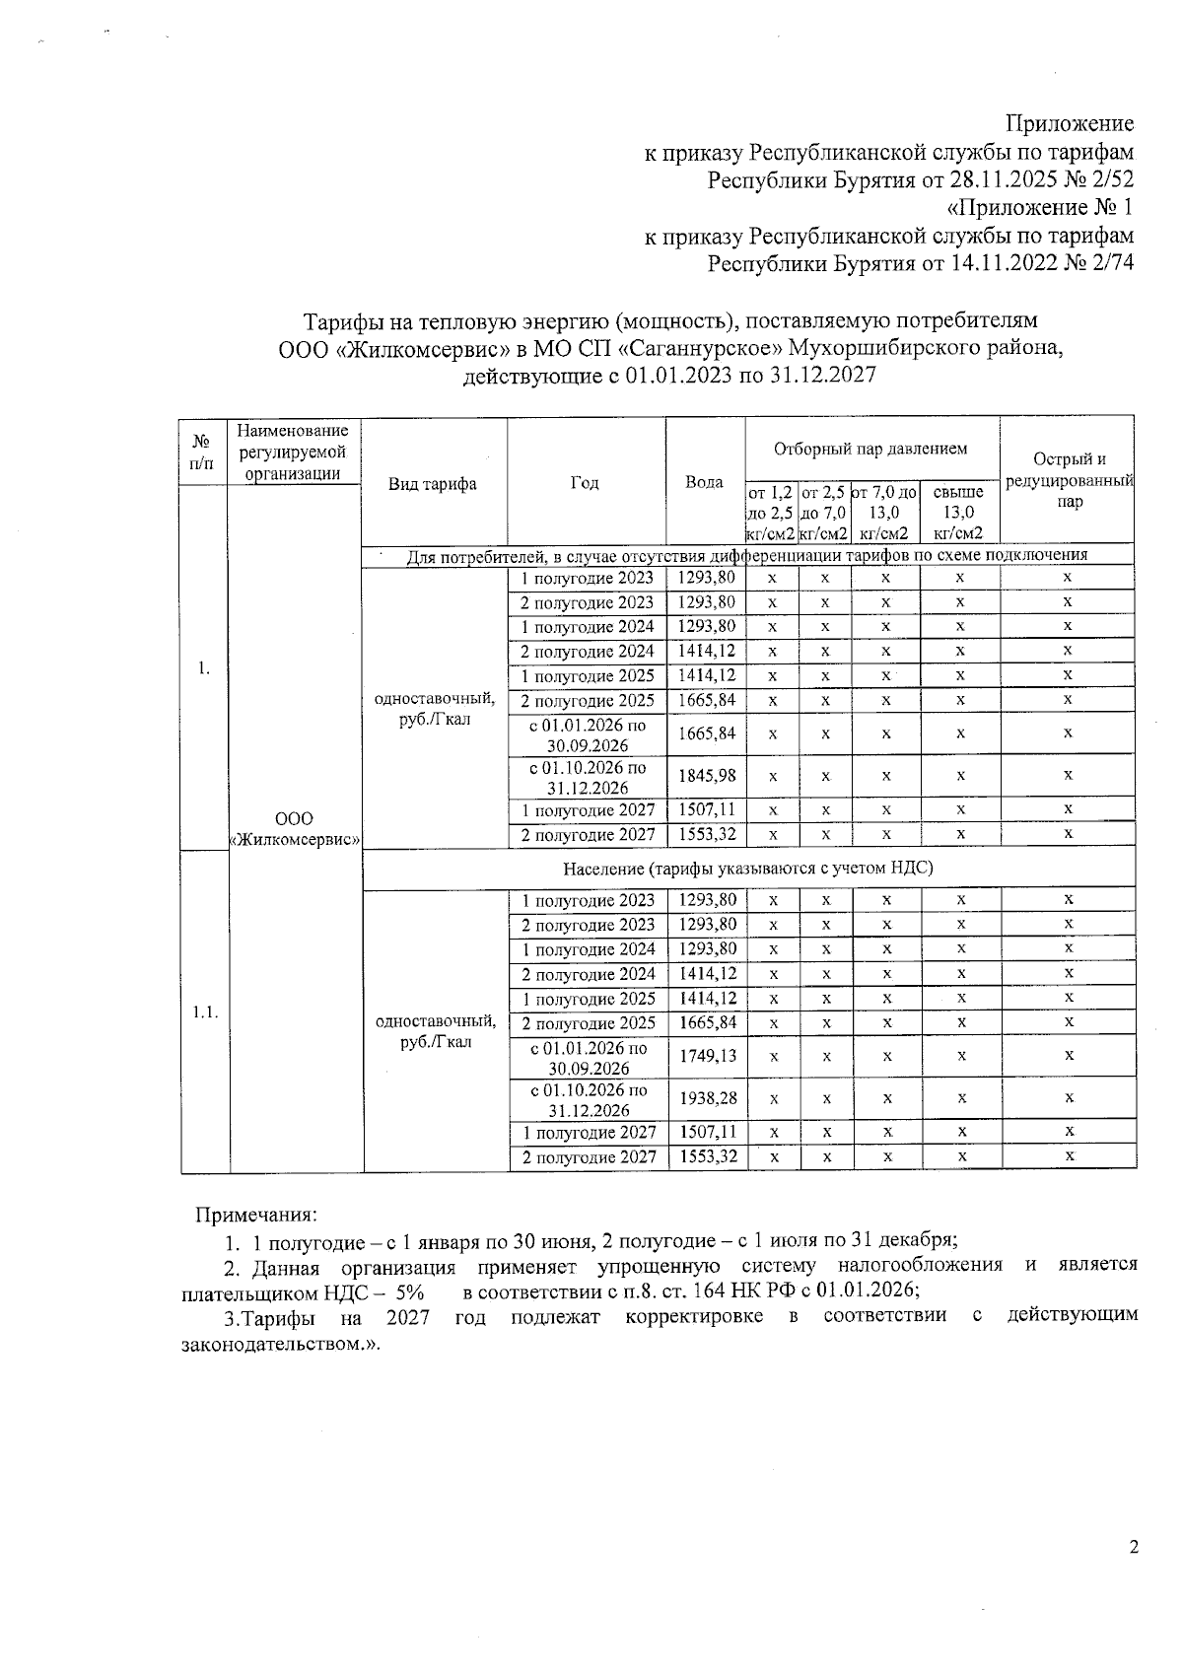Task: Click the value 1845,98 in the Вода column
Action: [706, 776]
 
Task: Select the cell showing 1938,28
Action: [706, 1098]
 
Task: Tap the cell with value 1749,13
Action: [706, 1056]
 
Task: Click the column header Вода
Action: [704, 483]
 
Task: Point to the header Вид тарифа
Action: [433, 483]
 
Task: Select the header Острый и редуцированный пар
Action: [1069, 480]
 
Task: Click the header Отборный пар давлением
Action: [870, 449]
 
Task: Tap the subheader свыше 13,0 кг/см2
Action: [958, 513]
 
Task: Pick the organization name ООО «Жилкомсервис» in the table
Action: [294, 829]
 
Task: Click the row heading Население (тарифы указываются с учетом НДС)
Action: [747, 869]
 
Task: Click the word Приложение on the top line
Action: [1069, 124]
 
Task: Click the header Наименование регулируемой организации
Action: [293, 452]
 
